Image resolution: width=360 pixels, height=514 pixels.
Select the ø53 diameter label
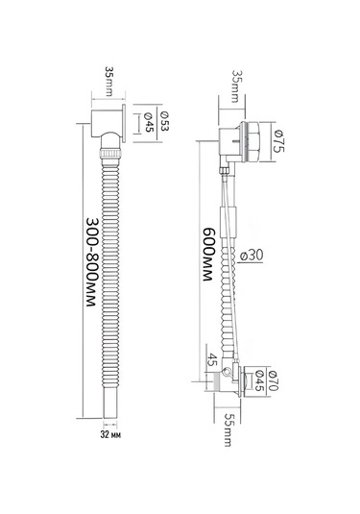click(164, 121)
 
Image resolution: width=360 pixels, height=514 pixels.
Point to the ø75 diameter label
click(279, 141)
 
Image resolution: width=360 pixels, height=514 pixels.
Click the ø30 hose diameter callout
click(252, 255)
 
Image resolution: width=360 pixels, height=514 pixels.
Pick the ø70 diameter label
click(273, 380)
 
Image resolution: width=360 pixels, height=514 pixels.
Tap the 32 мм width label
click(110, 435)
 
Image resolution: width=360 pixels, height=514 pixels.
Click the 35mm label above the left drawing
click(109, 81)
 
